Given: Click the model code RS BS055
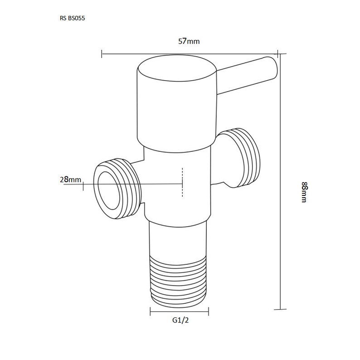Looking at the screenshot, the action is tap(73, 18).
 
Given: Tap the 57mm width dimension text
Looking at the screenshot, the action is tap(189, 41).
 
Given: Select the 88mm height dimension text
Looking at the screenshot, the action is tap(304, 192).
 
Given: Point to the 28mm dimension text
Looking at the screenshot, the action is tap(70, 179).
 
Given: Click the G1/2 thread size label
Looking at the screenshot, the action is tap(180, 320).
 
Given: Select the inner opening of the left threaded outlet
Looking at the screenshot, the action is tap(107, 190).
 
